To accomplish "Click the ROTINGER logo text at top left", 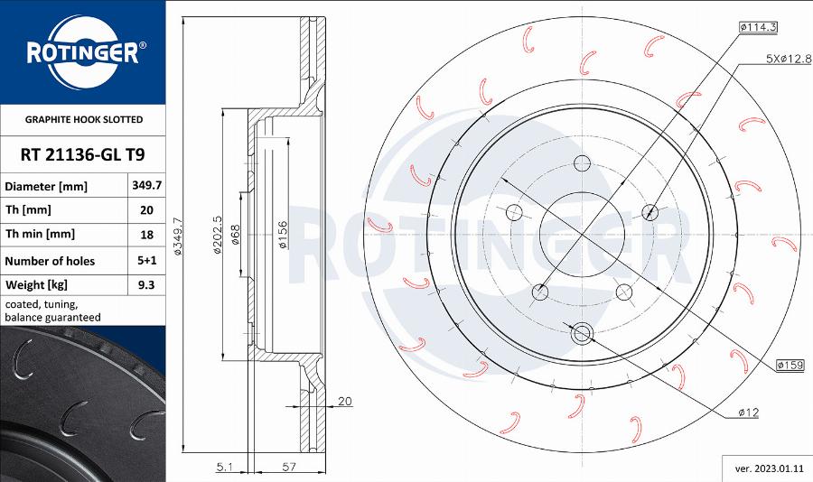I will click(81, 53).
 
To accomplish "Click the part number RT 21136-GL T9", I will click(82, 154).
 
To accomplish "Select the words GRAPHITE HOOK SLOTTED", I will click(83, 119).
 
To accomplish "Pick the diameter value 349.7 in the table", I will click(146, 186).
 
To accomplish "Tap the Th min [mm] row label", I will click(40, 234).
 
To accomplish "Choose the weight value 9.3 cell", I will click(146, 284).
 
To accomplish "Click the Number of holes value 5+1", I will click(146, 261).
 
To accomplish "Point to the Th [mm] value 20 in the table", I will click(146, 210).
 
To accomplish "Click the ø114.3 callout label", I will click(758, 28).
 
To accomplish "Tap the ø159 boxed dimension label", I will click(790, 365).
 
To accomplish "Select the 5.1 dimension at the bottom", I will click(225, 467).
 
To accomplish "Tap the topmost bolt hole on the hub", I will click(582, 163).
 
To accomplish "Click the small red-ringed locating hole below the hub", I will click(582, 333).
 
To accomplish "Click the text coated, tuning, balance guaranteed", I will click(52, 311).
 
